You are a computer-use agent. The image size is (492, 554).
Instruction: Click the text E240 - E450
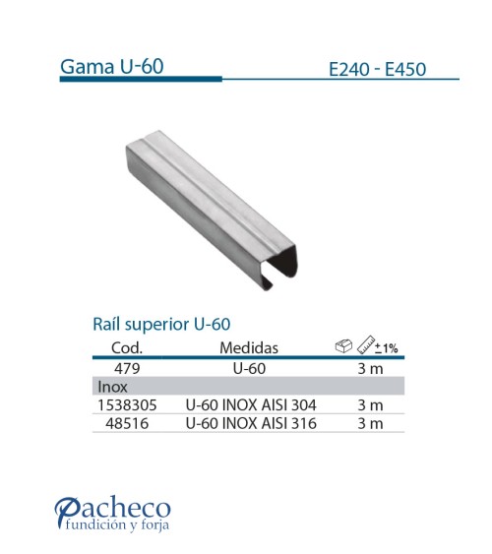tap(379, 70)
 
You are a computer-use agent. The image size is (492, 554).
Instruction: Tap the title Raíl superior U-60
tap(160, 324)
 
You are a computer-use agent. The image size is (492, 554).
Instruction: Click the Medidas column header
tap(249, 347)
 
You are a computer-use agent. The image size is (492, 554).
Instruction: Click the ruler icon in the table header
tap(368, 345)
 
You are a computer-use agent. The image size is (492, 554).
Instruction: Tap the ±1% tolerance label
tap(389, 348)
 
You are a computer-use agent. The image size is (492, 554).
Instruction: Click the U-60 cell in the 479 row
tap(249, 368)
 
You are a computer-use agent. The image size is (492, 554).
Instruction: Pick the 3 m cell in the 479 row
tap(369, 368)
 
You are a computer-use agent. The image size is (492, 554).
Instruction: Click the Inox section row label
tap(109, 386)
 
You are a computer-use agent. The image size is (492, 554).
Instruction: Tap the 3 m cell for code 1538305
tap(369, 404)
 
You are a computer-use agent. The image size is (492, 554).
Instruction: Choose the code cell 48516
tap(125, 423)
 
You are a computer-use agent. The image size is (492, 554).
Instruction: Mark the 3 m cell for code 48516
tap(369, 423)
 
